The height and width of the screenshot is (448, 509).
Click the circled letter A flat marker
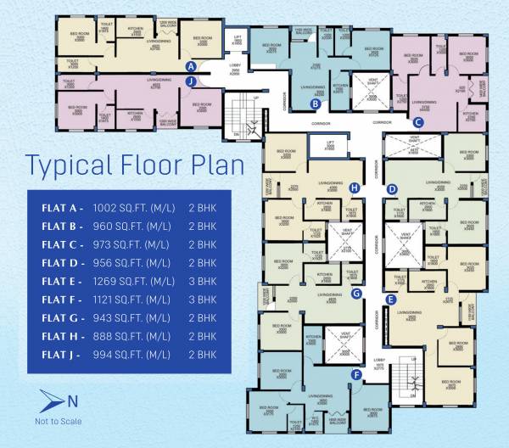[x=192, y=65]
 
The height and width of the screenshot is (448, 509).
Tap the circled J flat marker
[x=192, y=81]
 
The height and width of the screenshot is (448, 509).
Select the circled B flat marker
[x=315, y=104]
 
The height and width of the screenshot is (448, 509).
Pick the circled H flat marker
[x=355, y=188]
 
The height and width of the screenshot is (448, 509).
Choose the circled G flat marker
[x=356, y=294]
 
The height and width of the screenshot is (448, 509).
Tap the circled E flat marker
[x=390, y=300]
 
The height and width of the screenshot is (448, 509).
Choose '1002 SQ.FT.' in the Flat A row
[x=132, y=206]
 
